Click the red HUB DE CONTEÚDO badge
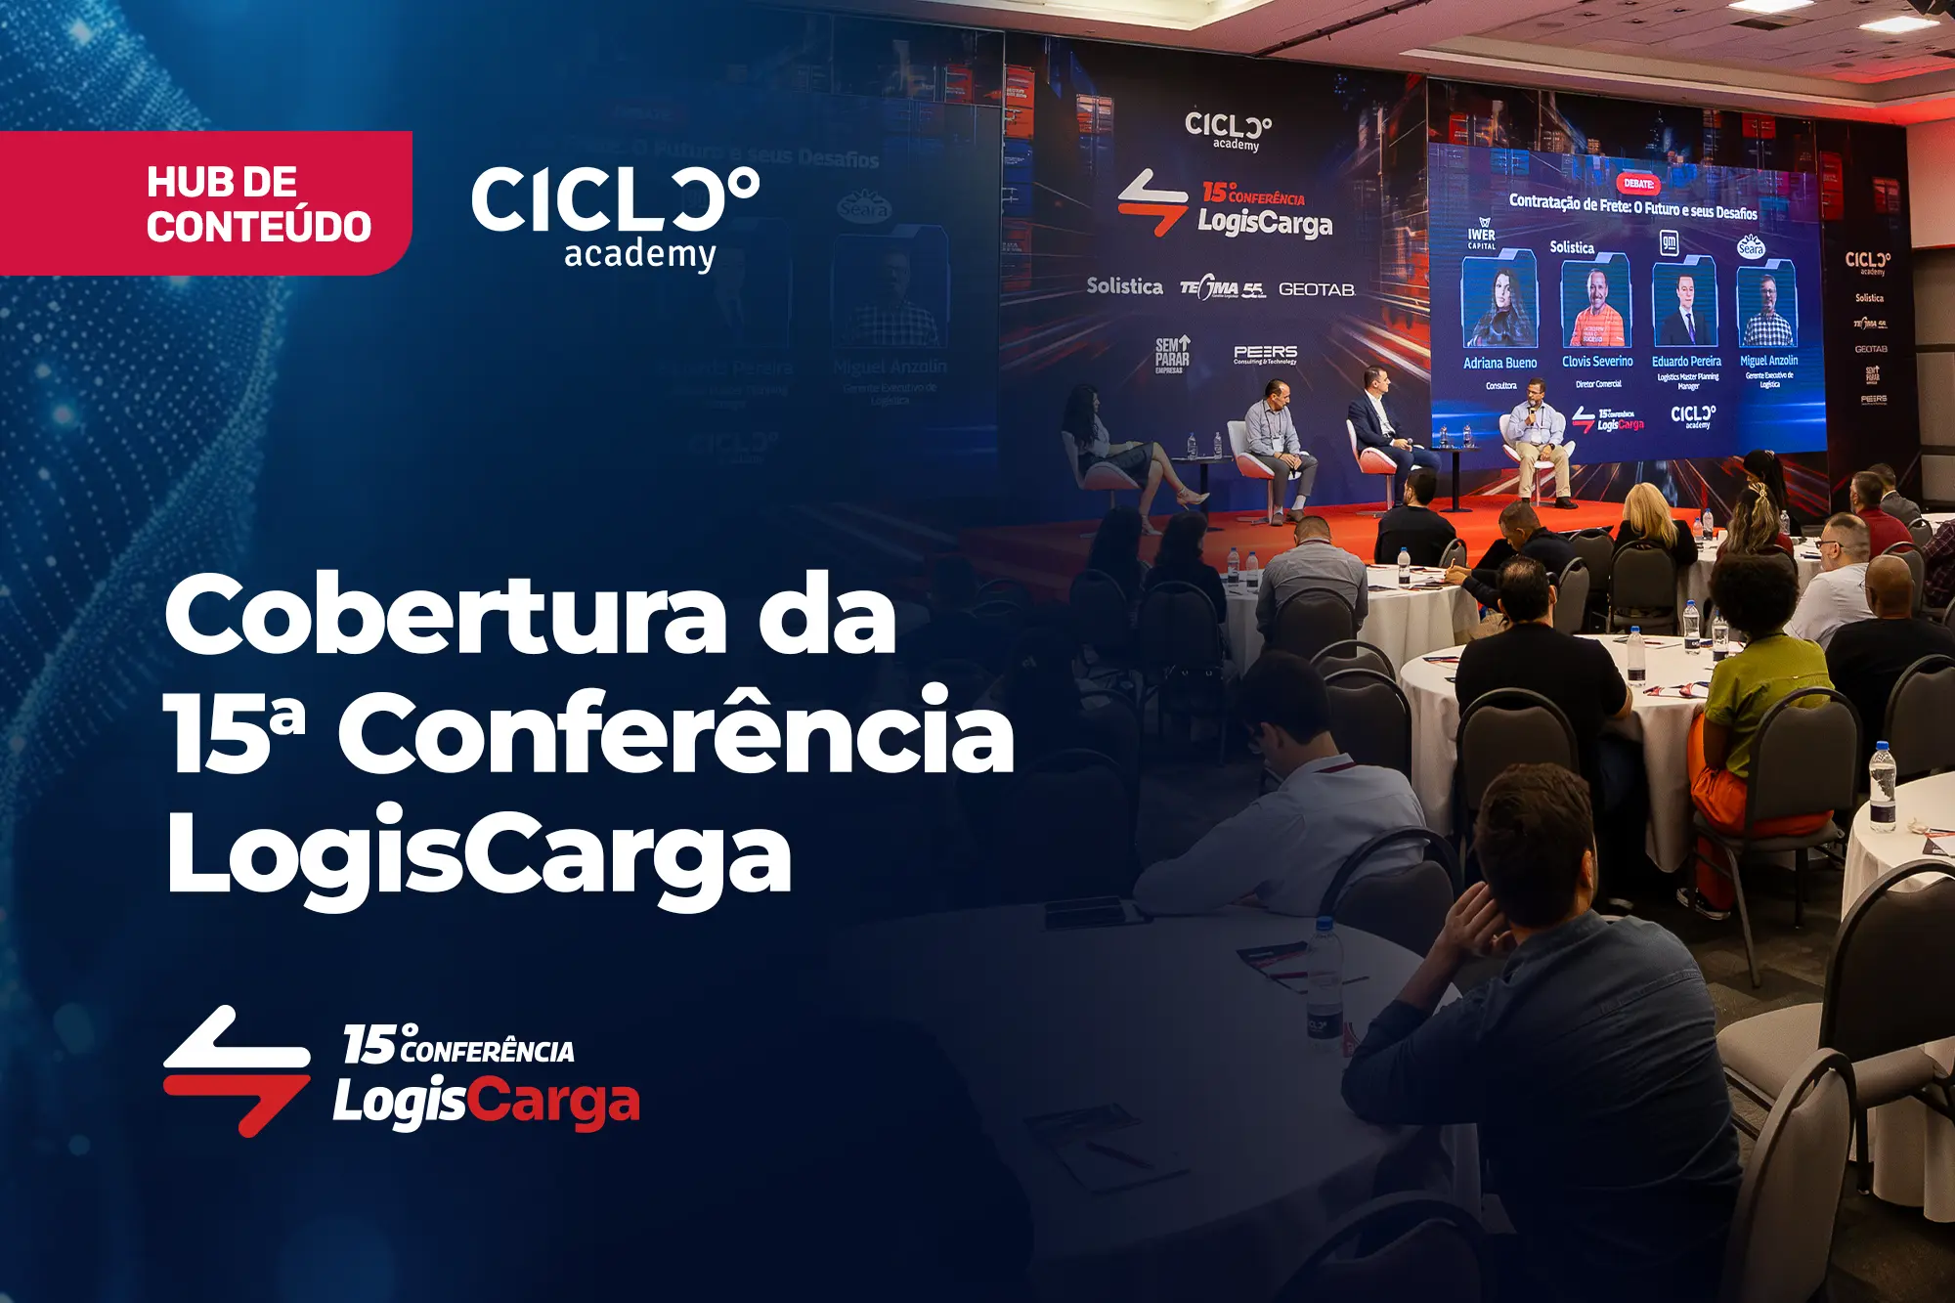tap(205, 203)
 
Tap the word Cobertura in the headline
tap(445, 616)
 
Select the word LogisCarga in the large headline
tap(479, 852)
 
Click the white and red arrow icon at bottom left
tap(237, 1070)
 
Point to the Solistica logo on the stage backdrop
tap(1124, 286)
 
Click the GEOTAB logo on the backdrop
tap(1316, 289)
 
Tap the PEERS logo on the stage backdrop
tap(1265, 354)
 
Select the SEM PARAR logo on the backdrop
tap(1172, 355)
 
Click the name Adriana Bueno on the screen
tap(1499, 363)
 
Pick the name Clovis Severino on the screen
tap(1597, 362)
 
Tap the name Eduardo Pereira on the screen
tap(1686, 362)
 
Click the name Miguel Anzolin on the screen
tap(1768, 361)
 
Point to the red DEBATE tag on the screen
tap(1638, 184)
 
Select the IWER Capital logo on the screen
tap(1482, 235)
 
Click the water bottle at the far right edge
tap(1882, 787)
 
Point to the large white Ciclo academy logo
tap(616, 215)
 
